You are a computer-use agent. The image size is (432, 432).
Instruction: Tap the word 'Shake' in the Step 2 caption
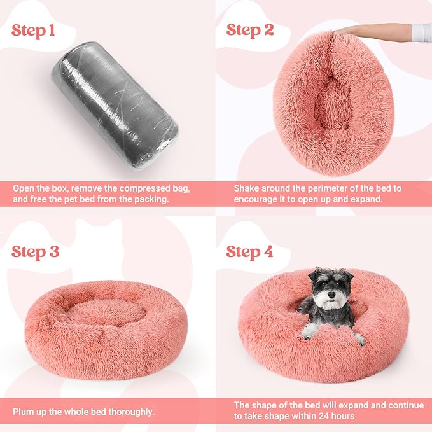(x=247, y=189)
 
